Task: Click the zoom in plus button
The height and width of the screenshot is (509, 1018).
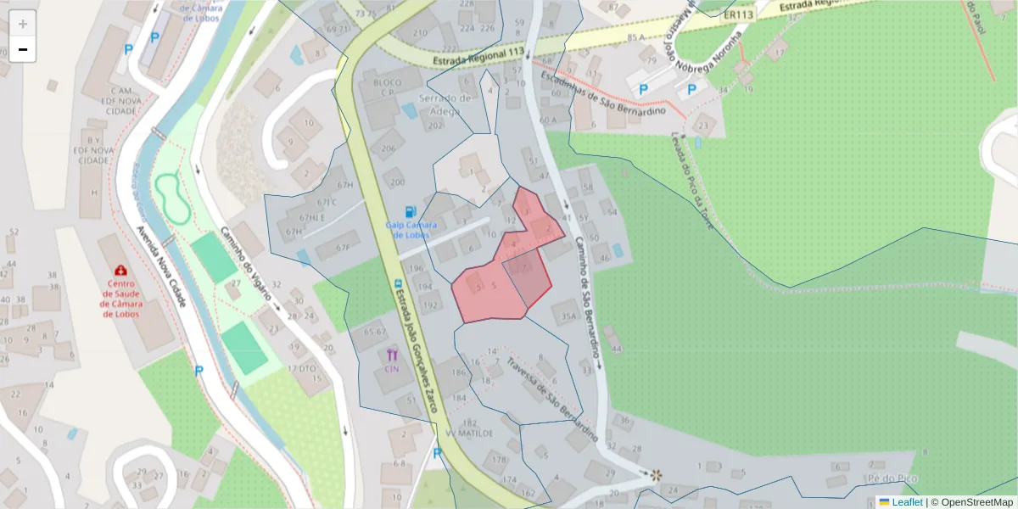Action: (23, 24)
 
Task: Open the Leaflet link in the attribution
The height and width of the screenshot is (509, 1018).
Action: (906, 502)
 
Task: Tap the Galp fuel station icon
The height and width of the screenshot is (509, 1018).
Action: (411, 211)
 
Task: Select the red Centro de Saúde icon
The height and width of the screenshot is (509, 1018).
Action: (121, 271)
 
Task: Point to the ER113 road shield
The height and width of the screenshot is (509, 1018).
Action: (740, 14)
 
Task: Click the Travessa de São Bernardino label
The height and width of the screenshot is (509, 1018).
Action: (552, 398)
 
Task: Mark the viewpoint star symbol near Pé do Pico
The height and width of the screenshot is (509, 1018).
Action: (655, 475)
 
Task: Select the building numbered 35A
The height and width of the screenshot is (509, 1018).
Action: (568, 317)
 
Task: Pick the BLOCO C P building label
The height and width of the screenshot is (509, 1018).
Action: (379, 88)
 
